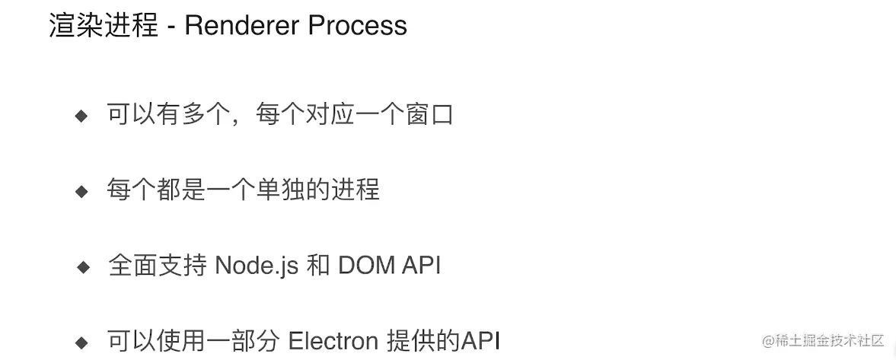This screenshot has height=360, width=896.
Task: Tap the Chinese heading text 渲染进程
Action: pyautogui.click(x=104, y=26)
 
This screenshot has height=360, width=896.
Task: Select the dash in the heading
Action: pyautogui.click(x=171, y=27)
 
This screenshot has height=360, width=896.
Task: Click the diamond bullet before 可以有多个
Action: pyautogui.click(x=82, y=116)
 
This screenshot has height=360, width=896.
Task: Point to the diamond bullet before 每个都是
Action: pyautogui.click(x=82, y=191)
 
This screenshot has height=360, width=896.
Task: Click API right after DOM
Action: pyautogui.click(x=421, y=266)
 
